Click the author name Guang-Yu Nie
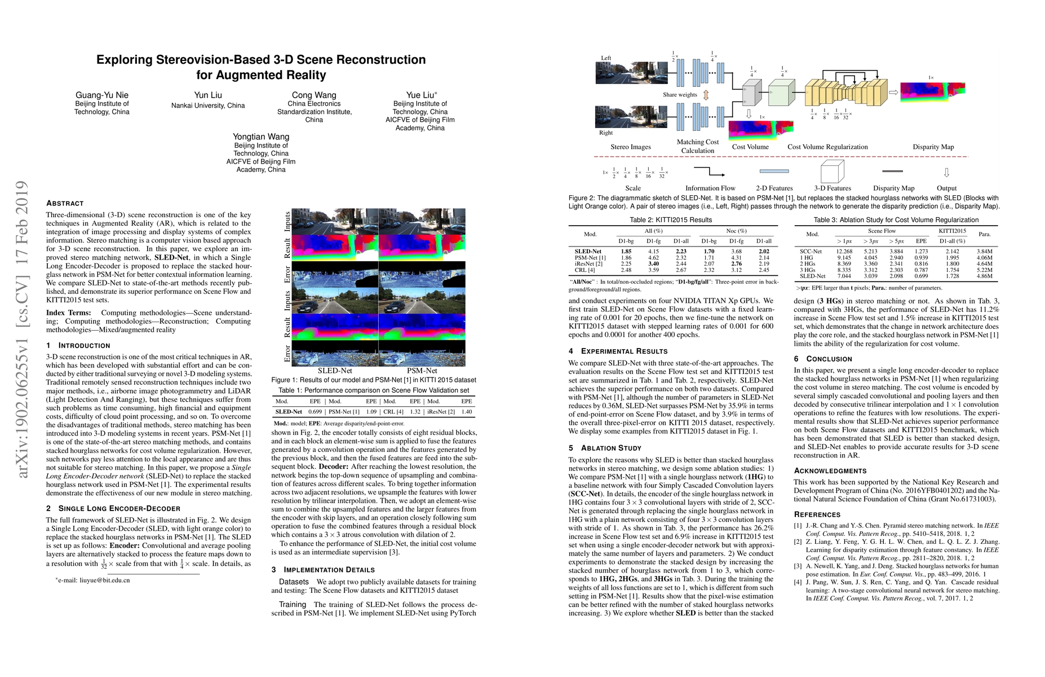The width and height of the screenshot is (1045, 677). point(102,95)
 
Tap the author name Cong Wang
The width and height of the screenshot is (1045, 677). point(314,95)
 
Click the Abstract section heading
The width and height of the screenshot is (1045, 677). point(65,203)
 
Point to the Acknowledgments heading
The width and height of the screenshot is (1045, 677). point(830,471)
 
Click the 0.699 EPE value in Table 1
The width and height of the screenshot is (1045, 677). point(315,412)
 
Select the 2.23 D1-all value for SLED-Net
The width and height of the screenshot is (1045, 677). point(681,252)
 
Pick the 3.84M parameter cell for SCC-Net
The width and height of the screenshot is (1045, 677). point(984,252)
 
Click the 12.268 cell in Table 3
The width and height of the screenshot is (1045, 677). point(844,252)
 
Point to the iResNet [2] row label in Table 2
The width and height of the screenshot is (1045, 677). point(588,263)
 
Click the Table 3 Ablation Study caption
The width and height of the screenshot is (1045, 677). point(896,220)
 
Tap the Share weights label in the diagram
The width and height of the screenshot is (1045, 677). point(680,95)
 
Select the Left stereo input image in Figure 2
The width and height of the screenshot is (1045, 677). point(623,73)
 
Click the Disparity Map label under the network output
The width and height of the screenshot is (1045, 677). point(933,147)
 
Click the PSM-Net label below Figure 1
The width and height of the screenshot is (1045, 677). point(422,371)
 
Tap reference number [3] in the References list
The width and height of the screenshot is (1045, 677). point(798,566)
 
